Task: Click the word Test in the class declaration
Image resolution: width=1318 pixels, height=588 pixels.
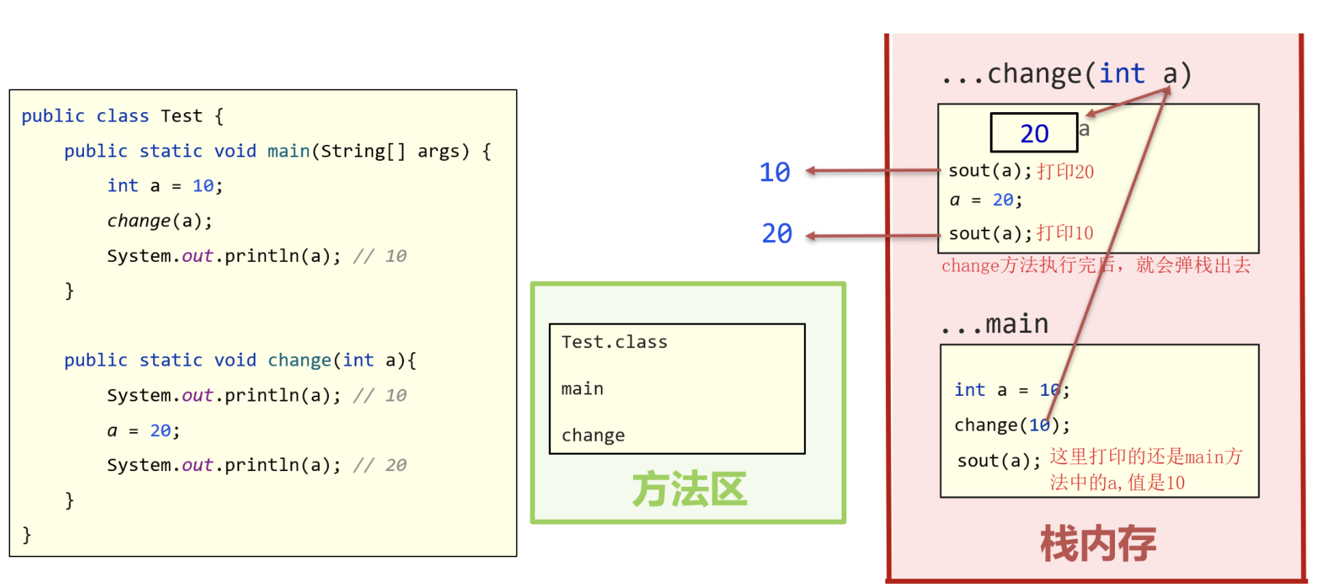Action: [182, 116]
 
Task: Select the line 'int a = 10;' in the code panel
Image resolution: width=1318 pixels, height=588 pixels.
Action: [165, 186]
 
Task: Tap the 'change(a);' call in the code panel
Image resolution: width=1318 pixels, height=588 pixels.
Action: [159, 221]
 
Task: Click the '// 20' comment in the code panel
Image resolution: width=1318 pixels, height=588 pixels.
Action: [380, 466]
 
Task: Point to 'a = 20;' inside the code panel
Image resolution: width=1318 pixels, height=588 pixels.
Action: [144, 431]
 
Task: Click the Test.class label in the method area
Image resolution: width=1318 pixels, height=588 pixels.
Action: [614, 342]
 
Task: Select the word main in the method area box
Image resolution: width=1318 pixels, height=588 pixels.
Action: [582, 389]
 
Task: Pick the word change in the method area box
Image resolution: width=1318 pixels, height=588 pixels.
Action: [593, 436]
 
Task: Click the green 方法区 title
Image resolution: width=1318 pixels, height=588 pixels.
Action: [689, 489]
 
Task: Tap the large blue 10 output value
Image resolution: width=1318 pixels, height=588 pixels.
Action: [775, 172]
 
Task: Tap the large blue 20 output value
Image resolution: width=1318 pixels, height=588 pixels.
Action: [777, 234]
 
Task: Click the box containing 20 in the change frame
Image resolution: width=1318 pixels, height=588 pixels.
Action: [1034, 133]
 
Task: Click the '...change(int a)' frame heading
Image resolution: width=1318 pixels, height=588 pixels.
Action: [1066, 74]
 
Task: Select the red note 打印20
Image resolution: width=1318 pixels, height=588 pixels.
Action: [1065, 172]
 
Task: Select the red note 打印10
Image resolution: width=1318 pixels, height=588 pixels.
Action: [1064, 233]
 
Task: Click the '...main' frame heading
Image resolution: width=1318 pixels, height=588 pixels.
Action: [995, 324]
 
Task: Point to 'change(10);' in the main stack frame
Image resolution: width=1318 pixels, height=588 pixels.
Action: [1012, 425]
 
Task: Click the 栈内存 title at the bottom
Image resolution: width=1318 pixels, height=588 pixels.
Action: [1098, 544]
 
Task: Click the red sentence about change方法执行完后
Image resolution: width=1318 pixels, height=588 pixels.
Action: [1096, 265]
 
